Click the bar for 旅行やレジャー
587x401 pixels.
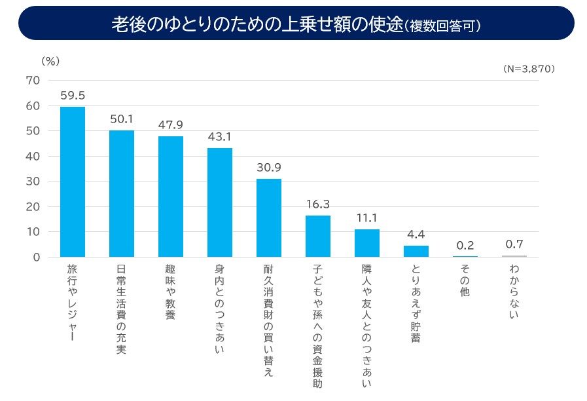pyautogui.click(x=73, y=181)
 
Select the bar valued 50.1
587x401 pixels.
pyautogui.click(x=122, y=194)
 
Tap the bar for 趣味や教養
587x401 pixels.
pyautogui.click(x=171, y=197)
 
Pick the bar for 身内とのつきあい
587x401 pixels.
pyautogui.click(x=220, y=202)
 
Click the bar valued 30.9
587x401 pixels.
pyautogui.click(x=269, y=218)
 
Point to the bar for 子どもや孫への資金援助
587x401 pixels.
pyautogui.click(x=318, y=236)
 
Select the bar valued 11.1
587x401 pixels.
pyautogui.click(x=367, y=243)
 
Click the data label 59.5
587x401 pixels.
pyautogui.click(x=73, y=96)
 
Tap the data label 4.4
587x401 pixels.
pyautogui.click(x=416, y=234)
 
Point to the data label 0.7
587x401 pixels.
pyautogui.click(x=514, y=244)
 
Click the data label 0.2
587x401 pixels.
pyautogui.click(x=465, y=245)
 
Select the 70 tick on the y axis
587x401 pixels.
pyautogui.click(x=33, y=81)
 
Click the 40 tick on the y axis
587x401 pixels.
pyautogui.click(x=33, y=156)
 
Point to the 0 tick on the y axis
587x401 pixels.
pyautogui.click(x=37, y=257)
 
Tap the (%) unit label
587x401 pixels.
pyautogui.click(x=50, y=61)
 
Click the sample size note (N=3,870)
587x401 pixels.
pyautogui.click(x=529, y=68)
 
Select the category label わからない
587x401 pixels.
pyautogui.click(x=514, y=292)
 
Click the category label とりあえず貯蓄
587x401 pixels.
pyautogui.click(x=416, y=303)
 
